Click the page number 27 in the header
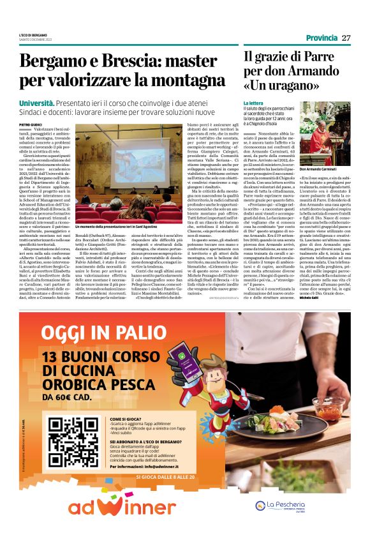pos(346,38)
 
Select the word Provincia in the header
pos(322,38)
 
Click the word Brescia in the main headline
pos(111,63)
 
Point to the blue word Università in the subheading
pos(36,102)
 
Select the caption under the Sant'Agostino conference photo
pos(115,227)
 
